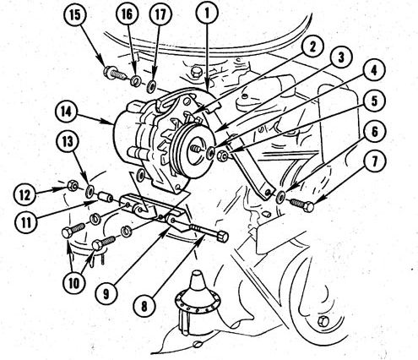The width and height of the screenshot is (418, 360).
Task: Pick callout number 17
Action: point(160,14)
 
